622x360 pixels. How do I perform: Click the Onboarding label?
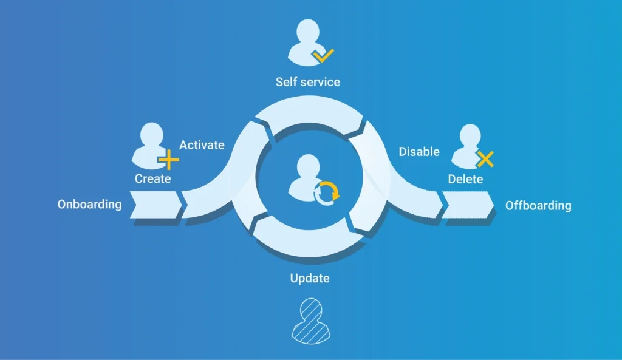[90, 205]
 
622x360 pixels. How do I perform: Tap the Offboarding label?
[538, 205]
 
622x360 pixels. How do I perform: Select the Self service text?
[308, 82]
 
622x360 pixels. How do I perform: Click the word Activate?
[202, 145]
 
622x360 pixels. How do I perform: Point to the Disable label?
[419, 151]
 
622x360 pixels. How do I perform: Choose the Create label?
[152, 179]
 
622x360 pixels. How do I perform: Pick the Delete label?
[465, 179]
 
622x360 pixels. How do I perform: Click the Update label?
[310, 278]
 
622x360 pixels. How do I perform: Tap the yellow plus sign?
[169, 160]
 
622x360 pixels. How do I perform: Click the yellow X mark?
[485, 159]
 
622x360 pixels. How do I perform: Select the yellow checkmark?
[323, 55]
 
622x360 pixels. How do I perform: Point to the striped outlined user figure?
[311, 321]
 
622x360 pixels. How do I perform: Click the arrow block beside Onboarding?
[156, 205]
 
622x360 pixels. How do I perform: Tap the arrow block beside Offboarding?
[468, 205]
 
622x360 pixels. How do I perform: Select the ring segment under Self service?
[310, 115]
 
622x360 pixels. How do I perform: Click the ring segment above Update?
[308, 237]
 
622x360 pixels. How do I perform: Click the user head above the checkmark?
[308, 32]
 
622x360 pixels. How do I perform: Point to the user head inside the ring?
[308, 166]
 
